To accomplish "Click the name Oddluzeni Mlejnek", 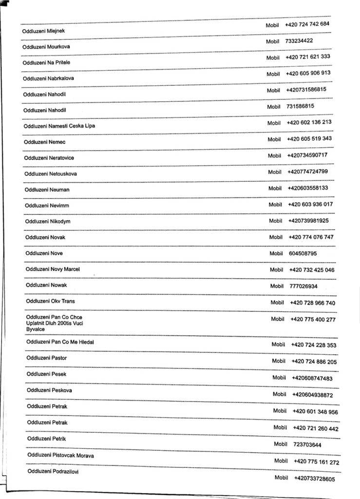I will [x=44, y=31].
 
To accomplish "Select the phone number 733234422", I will [x=299, y=41].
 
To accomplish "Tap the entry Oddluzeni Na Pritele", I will [x=46, y=63].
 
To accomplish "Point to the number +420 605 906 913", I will [x=308, y=73].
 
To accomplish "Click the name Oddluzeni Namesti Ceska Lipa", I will [x=59, y=126].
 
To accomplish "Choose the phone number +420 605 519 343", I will [x=309, y=139].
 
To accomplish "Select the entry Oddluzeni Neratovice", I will [x=49, y=158].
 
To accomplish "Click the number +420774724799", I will [x=307, y=172].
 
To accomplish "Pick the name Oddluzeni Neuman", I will [x=47, y=190].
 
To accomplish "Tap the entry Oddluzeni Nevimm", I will [x=47, y=206].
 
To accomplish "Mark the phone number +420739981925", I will [x=308, y=221].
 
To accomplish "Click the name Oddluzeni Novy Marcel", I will [x=53, y=269].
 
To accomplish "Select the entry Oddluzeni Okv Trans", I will [x=50, y=301].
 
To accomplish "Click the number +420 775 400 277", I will [x=313, y=319].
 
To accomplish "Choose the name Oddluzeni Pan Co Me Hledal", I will [x=60, y=342].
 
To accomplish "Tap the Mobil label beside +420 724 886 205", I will [x=279, y=361].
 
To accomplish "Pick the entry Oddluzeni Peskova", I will [x=49, y=390].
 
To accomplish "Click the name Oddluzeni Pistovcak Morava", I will [x=60, y=455].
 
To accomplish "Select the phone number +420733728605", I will [x=314, y=479].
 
